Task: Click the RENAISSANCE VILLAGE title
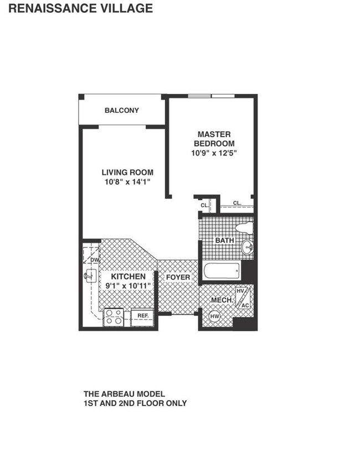coord(81,8)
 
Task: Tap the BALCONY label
coord(122,110)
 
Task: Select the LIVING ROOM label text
coord(127,172)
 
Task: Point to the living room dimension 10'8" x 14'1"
coord(127,181)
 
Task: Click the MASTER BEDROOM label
coord(214,139)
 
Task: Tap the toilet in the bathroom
coord(244,228)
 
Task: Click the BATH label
coord(224,241)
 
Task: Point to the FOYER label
coord(178,277)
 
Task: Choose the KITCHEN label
coord(128,276)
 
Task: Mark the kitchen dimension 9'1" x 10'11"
coord(128,286)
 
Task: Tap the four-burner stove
coord(115,317)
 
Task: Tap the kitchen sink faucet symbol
coord(89,275)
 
